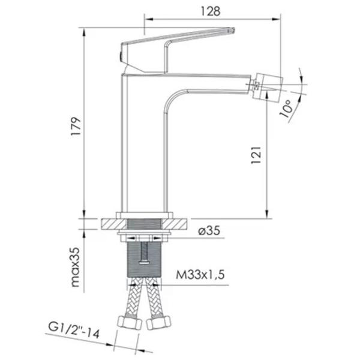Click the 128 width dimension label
click(211, 11)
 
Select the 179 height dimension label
click(76, 126)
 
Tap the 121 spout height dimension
click(256, 155)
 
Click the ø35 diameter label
click(209, 230)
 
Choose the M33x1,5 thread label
click(200, 275)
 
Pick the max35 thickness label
click(76, 267)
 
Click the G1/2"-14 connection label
click(74, 330)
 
